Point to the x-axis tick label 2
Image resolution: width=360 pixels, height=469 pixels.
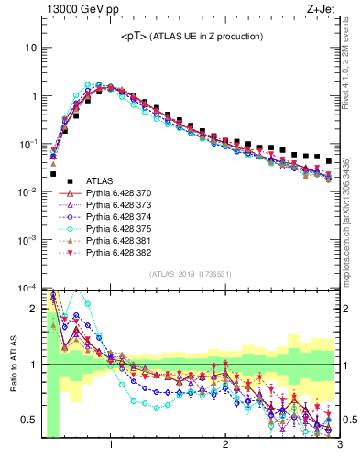[225, 446]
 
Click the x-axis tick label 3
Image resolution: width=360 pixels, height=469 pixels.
[339, 446]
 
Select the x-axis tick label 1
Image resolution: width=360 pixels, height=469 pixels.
[111, 446]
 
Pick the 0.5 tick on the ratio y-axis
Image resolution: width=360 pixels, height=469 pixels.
[28, 420]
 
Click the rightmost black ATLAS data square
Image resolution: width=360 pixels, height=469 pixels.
[329, 160]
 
